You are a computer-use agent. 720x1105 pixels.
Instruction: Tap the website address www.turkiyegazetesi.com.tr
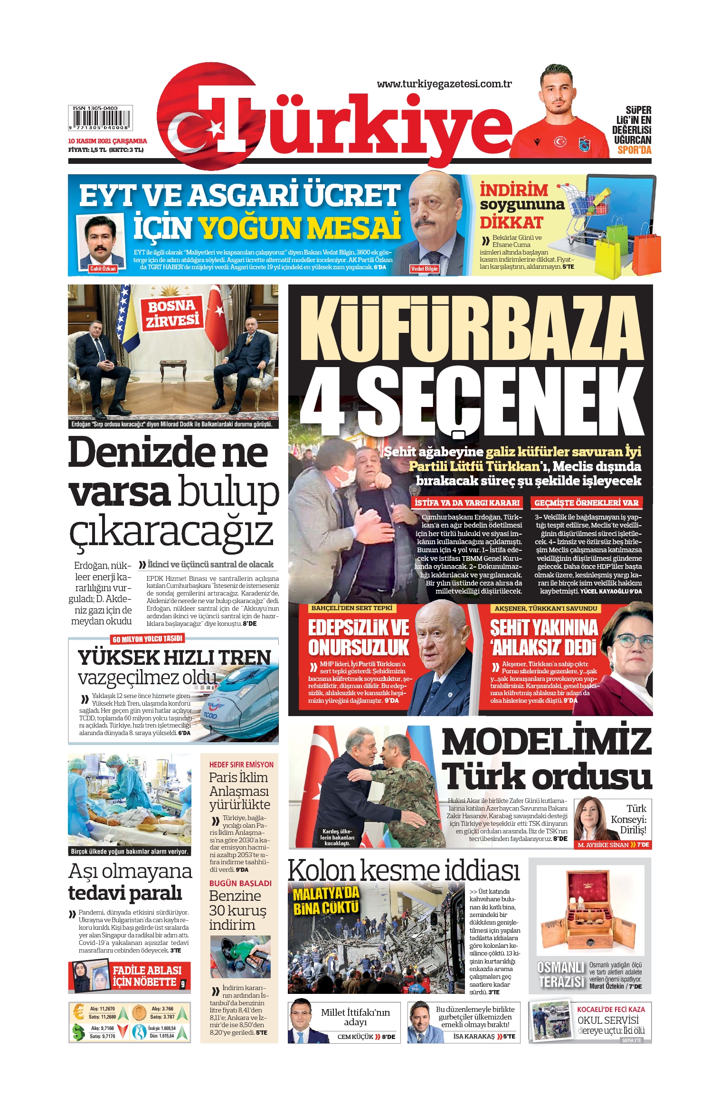(x=444, y=84)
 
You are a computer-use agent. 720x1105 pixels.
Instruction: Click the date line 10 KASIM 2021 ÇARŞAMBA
(x=107, y=141)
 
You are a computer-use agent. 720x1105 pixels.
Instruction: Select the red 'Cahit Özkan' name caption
(x=103, y=269)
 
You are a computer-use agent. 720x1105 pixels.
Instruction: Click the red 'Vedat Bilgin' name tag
(x=424, y=269)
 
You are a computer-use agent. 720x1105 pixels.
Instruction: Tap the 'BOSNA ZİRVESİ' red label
(x=172, y=313)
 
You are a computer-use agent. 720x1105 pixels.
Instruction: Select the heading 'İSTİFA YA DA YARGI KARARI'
(x=467, y=502)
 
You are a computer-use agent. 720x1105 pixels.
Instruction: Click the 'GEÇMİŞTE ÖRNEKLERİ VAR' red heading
(x=586, y=502)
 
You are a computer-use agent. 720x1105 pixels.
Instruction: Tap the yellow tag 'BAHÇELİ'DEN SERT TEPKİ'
(x=351, y=608)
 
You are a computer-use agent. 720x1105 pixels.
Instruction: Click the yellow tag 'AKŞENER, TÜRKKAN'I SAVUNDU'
(x=546, y=608)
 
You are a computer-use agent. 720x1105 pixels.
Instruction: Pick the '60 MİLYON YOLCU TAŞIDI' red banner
(x=148, y=639)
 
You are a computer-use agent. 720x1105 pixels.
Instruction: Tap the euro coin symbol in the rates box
(x=78, y=1012)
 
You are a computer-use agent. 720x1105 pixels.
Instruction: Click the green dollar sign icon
(x=78, y=1032)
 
